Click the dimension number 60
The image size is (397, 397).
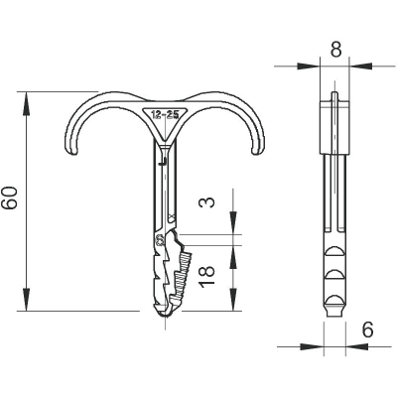click(x=9, y=198)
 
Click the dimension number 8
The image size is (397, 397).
click(x=335, y=50)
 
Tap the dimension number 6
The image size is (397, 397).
click(x=367, y=330)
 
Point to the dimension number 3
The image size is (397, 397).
click(x=207, y=201)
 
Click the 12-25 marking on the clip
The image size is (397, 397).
click(x=165, y=115)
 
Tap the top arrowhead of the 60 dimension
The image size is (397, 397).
click(x=26, y=103)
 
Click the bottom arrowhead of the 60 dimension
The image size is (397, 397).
click(x=26, y=299)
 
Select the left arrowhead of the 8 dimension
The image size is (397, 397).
click(x=309, y=66)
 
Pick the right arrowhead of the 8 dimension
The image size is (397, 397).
click(x=361, y=66)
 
